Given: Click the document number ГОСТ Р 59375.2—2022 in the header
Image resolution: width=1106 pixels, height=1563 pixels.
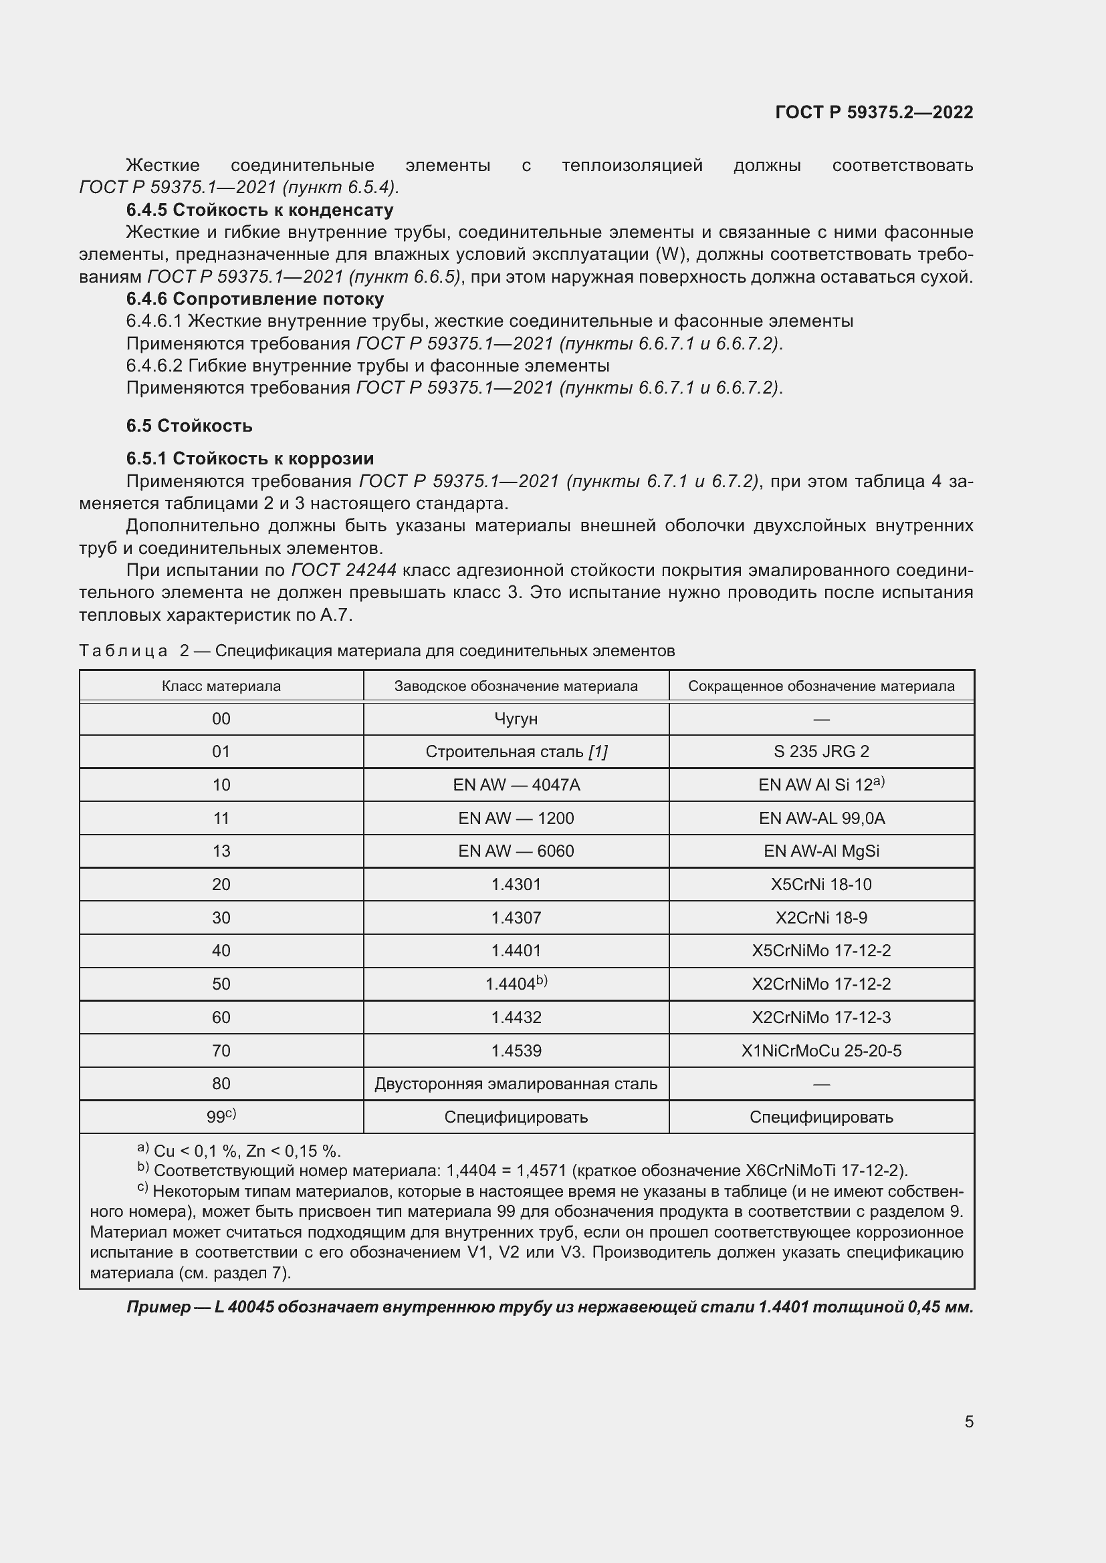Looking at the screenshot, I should click(874, 112).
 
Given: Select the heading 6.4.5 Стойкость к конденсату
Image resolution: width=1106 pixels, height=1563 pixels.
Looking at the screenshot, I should click(259, 210).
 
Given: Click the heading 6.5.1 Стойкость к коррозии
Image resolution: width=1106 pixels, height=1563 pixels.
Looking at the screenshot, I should click(250, 458).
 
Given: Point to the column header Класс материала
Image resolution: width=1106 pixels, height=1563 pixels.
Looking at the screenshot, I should click(221, 686).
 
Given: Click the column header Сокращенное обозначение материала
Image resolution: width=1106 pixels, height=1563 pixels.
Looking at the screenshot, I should click(820, 686).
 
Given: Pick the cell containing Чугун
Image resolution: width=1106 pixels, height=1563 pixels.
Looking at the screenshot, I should click(516, 719).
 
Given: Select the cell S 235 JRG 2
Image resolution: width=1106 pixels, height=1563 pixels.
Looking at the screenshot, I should click(820, 752).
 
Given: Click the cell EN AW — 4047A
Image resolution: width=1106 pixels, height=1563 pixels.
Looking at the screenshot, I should click(516, 785).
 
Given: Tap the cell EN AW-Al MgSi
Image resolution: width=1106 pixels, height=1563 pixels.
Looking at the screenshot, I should click(820, 851).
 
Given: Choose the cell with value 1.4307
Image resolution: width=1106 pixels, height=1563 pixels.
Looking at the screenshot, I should click(516, 917).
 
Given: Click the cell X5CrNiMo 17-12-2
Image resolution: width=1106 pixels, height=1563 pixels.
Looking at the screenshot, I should click(820, 950).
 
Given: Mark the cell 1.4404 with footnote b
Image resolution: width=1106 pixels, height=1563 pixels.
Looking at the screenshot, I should click(516, 984).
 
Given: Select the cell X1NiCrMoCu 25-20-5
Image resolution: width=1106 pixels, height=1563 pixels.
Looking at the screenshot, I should click(820, 1050).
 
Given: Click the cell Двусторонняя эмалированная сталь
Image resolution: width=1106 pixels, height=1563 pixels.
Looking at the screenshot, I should click(516, 1084).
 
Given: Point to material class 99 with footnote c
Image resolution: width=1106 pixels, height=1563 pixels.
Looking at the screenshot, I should click(221, 1117).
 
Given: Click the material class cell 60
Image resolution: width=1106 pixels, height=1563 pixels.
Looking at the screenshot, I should click(221, 1017).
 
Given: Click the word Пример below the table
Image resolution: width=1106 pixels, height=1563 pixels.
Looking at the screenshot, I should click(158, 1307).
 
